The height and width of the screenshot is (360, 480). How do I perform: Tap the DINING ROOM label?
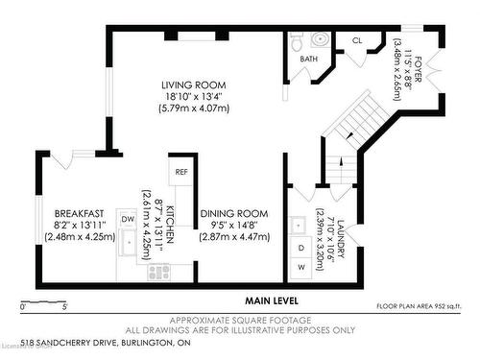point(234,213)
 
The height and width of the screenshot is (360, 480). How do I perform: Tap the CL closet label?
point(357,40)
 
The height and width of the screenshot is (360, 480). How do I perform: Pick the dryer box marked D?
point(300,248)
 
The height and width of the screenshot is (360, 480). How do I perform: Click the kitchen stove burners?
point(157,273)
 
